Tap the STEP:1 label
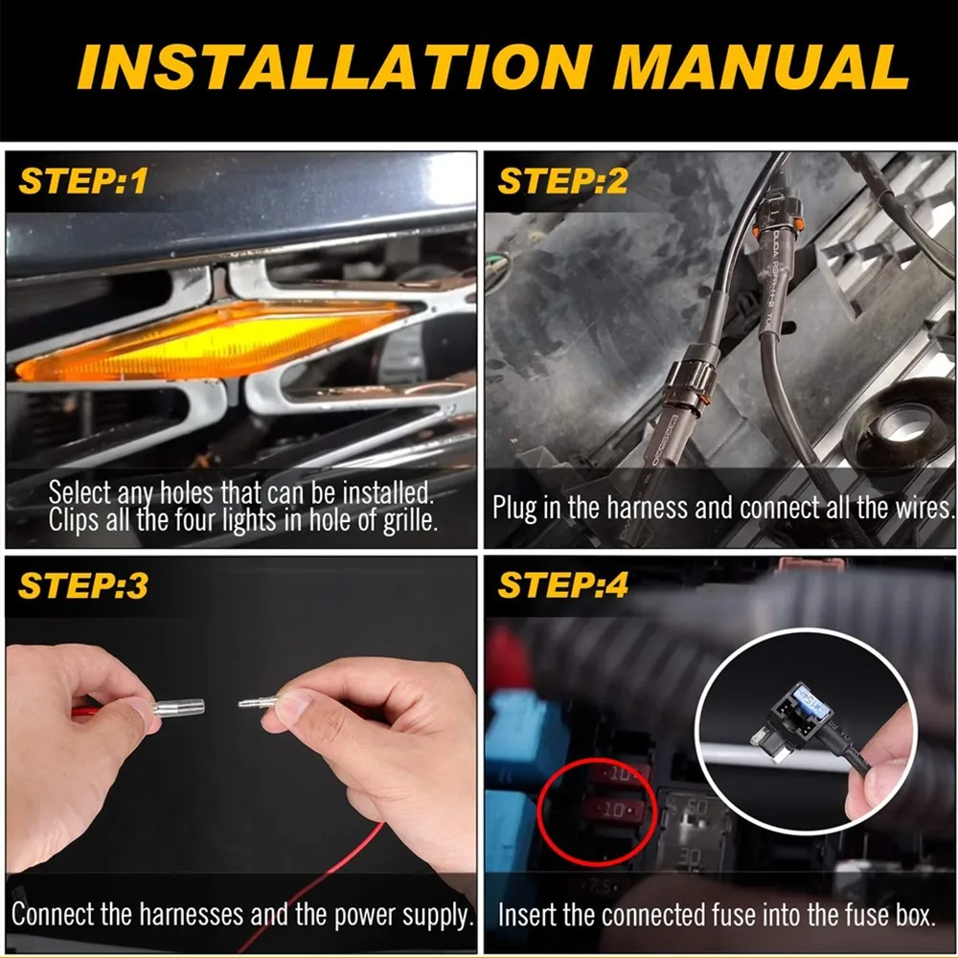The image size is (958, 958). click(83, 181)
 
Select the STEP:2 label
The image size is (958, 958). click(562, 181)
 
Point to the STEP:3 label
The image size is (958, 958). click(83, 585)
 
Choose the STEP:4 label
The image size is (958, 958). click(562, 585)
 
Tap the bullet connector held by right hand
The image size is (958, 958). click(257, 702)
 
